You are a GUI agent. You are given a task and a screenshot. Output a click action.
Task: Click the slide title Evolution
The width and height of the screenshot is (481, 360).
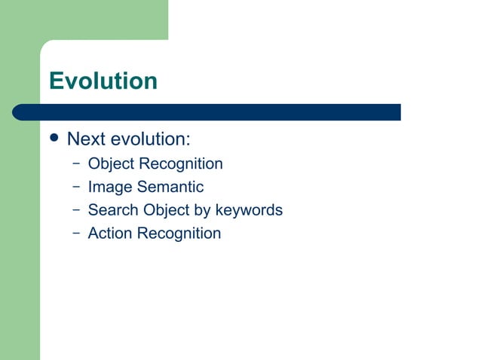tap(103, 81)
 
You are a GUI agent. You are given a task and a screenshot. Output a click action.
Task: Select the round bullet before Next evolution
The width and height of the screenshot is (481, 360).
tap(53, 139)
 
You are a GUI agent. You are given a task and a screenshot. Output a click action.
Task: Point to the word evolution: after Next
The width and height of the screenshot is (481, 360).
tap(150, 139)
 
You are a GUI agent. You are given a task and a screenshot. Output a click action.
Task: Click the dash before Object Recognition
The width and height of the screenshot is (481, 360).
tap(76, 163)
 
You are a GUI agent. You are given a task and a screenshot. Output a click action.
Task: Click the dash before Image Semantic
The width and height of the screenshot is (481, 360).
tap(76, 186)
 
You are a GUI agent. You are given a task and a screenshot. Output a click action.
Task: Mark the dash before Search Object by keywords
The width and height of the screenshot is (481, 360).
tap(76, 209)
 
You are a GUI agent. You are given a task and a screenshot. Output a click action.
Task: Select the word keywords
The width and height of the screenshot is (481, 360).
tap(249, 210)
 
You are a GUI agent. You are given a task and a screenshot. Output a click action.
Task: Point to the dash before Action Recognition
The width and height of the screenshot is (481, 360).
tap(76, 233)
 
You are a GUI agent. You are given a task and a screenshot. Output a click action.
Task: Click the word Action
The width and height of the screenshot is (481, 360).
tap(110, 233)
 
